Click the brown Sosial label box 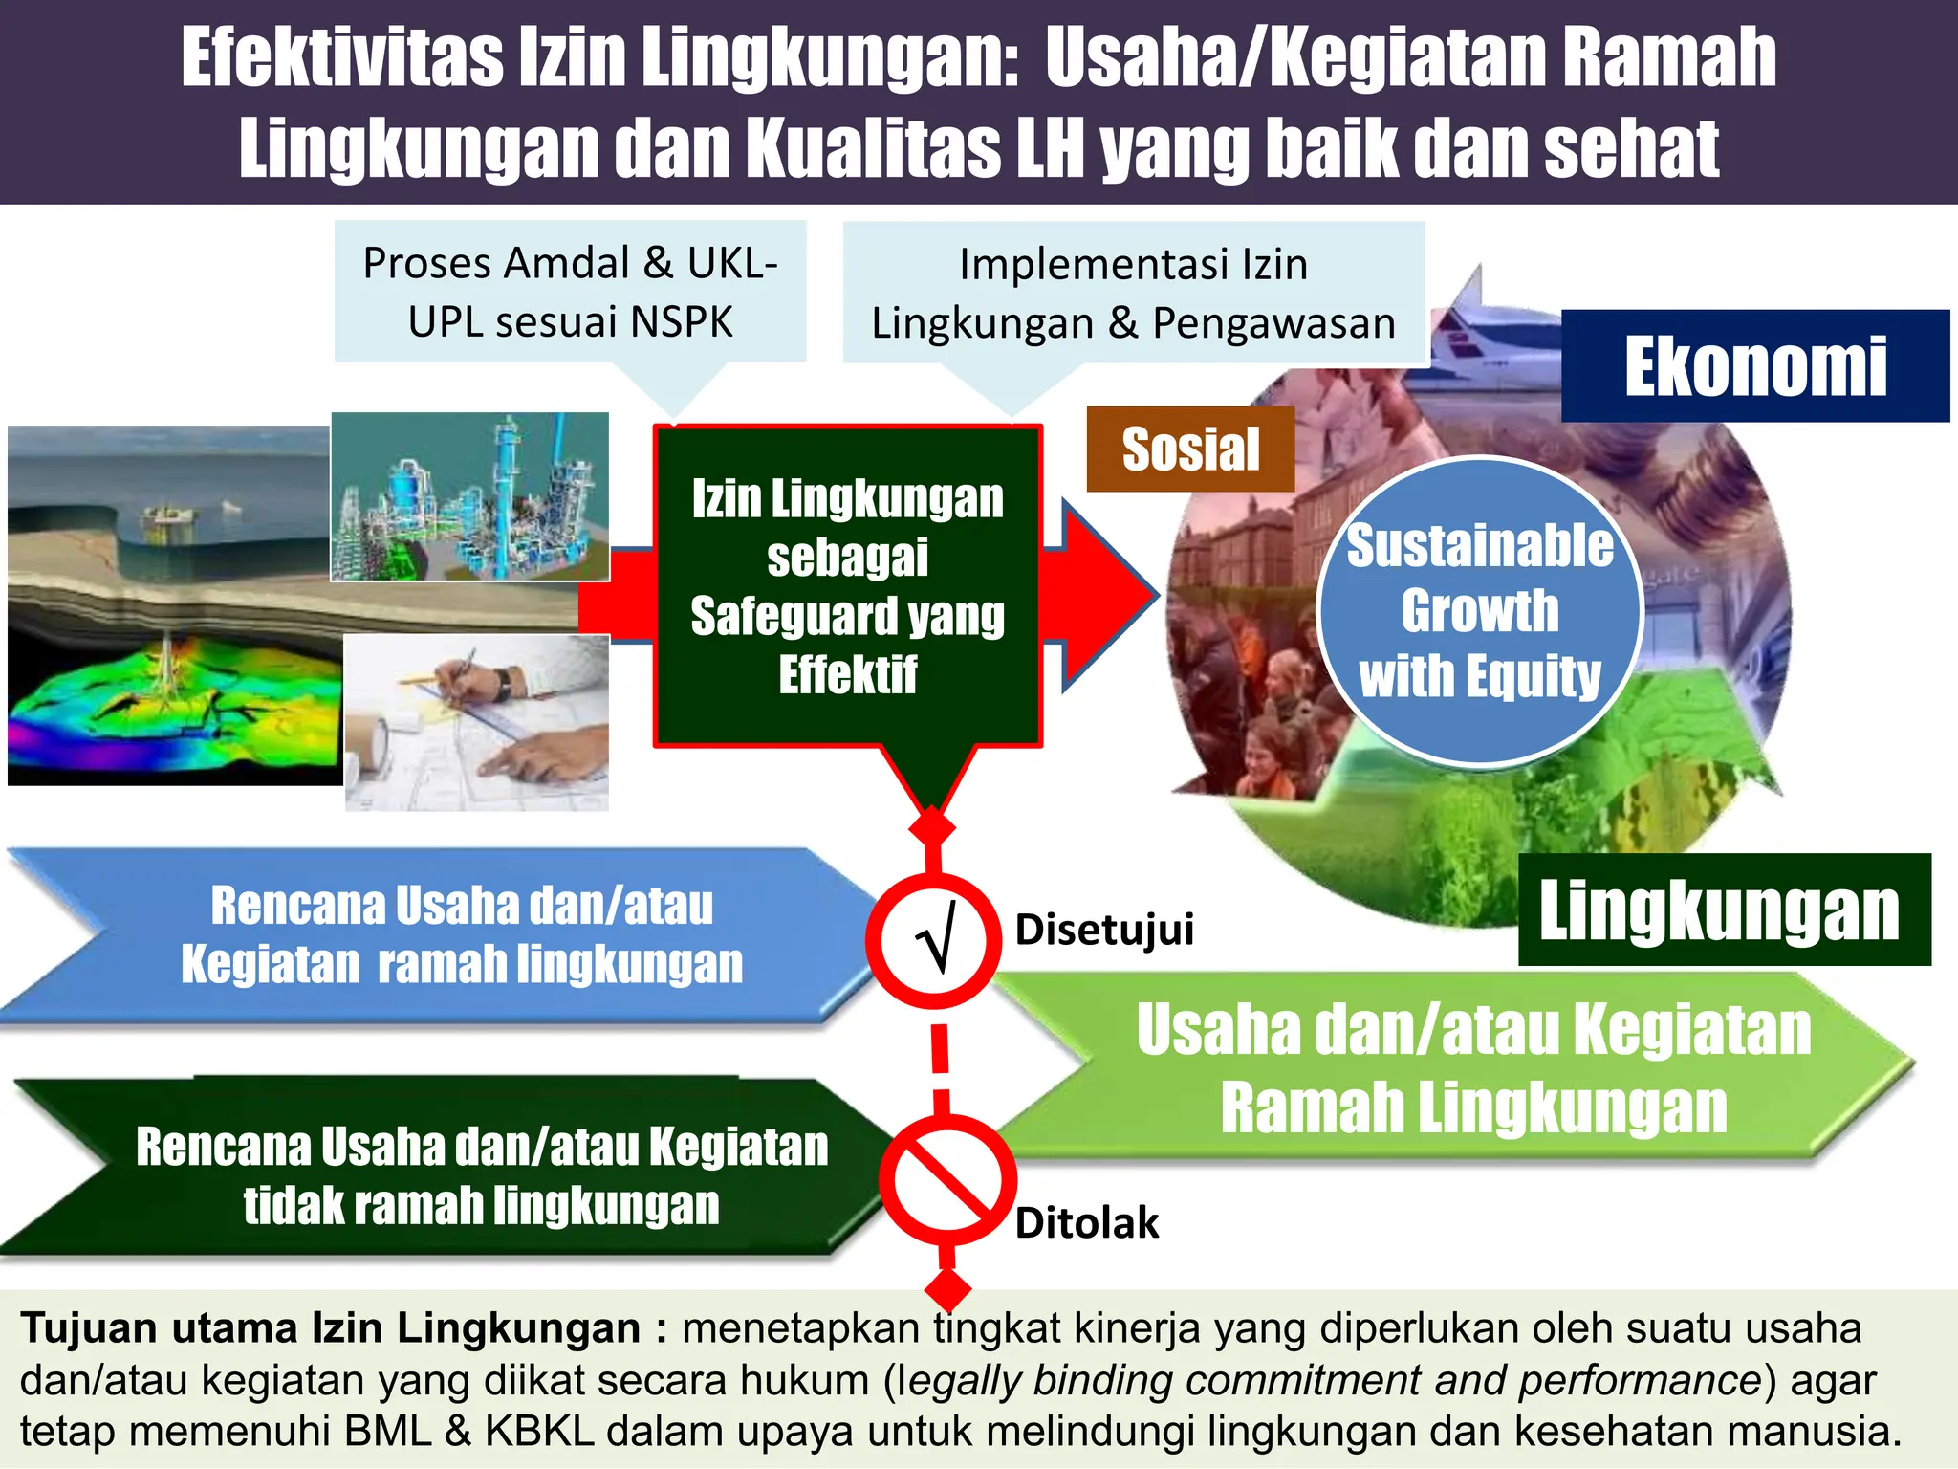(x=1190, y=449)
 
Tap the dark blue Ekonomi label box (x=1754, y=366)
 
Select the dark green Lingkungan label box (x=1724, y=910)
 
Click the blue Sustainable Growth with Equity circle (x=1479, y=610)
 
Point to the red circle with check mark (x=933, y=941)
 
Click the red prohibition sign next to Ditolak (x=946, y=1180)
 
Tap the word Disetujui (x=1104, y=930)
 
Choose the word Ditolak (x=1086, y=1223)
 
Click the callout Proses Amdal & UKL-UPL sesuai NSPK (x=570, y=292)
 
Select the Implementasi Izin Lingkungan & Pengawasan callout (x=1134, y=294)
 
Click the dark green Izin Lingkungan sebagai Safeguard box (x=847, y=585)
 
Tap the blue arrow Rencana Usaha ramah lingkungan (x=449, y=935)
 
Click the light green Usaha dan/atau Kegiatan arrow (x=1472, y=1069)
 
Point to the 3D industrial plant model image (x=469, y=496)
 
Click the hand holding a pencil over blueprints (x=476, y=723)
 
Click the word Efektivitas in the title (x=341, y=58)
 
